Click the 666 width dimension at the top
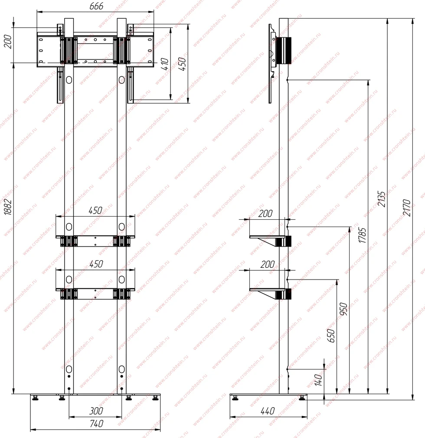point(96,6)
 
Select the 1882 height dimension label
point(8,207)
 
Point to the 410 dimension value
point(165,64)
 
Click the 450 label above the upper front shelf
point(95,211)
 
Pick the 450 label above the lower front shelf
point(96,264)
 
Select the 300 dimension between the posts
point(96,411)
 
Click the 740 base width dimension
point(97,424)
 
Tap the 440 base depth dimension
point(268,411)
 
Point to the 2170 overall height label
point(407,208)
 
